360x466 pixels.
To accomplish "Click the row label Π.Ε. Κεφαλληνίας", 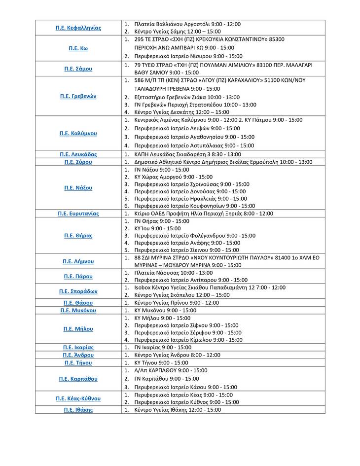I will [x=78, y=28].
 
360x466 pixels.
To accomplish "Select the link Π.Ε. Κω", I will [x=78, y=48].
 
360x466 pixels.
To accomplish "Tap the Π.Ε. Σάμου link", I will [x=78, y=69].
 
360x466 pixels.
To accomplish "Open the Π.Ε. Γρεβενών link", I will [x=78, y=96].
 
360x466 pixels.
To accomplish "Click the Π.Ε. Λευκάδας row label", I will [x=78, y=154].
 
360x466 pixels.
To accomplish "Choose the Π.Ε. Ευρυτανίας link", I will [x=78, y=214].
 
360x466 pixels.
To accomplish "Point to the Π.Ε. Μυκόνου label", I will [x=78, y=311].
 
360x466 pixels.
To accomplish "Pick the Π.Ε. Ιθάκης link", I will [x=78, y=410].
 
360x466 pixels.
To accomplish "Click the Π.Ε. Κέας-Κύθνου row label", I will [x=78, y=398].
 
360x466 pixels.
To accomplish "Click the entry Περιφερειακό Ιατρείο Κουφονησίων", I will [x=194, y=206].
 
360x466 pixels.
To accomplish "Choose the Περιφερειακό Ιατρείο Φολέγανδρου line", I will [x=194, y=236].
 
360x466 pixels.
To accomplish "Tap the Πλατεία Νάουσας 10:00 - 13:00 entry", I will [x=173, y=273].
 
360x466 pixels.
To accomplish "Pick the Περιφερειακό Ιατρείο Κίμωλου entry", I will [x=188, y=340].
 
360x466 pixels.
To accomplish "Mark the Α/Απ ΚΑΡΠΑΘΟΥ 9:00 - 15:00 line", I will [x=171, y=370].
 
